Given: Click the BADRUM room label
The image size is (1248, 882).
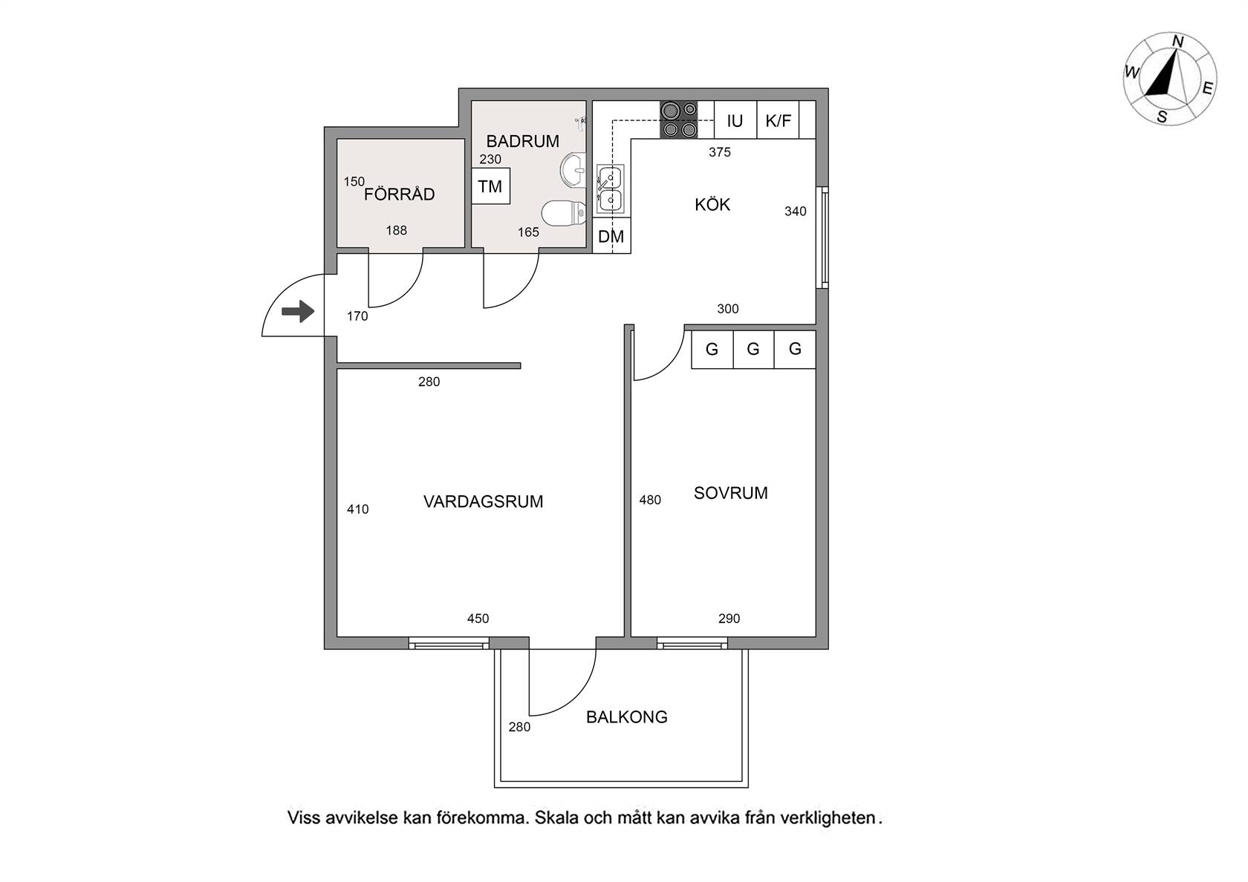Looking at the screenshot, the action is (x=523, y=141).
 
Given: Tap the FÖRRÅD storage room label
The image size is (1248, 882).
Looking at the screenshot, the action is (x=399, y=194).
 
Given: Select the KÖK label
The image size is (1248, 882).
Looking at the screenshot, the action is (x=712, y=204).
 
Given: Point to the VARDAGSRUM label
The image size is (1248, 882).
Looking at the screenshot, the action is (x=483, y=502).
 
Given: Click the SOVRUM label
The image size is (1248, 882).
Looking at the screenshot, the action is (x=730, y=493).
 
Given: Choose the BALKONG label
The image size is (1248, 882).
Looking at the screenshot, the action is (x=627, y=717).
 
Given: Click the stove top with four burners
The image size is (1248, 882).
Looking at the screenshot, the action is (x=679, y=120).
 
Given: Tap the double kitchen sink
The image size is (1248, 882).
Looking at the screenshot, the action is (x=610, y=189).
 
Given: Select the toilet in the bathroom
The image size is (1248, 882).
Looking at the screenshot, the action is (x=564, y=213).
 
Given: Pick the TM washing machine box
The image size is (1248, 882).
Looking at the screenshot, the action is (x=490, y=186).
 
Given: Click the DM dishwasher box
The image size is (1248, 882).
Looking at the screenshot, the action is (x=611, y=236).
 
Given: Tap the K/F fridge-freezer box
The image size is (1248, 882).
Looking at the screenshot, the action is (x=778, y=120).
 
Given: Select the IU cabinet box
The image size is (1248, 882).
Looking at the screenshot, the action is (x=735, y=120).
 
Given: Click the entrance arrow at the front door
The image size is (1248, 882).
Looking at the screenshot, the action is (x=298, y=311).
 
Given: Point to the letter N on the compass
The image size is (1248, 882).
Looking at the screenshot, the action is (x=1178, y=42).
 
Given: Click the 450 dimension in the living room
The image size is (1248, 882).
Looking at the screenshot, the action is (x=478, y=618).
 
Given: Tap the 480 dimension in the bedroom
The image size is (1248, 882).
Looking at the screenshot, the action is (x=649, y=500).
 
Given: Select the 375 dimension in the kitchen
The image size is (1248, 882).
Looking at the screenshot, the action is (x=720, y=152).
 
